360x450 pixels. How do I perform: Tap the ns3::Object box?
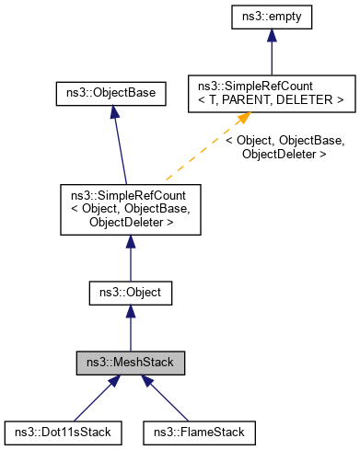(130, 294)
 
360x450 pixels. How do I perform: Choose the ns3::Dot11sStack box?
(57, 431)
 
